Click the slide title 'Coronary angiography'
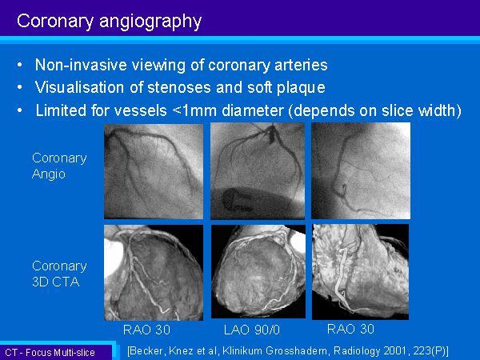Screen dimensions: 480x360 [110, 22]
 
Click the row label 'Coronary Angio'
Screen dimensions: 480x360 [59, 166]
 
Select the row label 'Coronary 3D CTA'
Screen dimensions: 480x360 [59, 274]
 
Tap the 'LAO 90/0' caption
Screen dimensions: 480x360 [252, 330]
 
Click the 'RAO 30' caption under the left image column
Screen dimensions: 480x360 [146, 330]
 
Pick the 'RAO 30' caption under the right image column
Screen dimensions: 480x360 [350, 329]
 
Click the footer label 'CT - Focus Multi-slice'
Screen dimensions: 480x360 [50, 352]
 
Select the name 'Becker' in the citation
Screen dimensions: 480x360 [147, 350]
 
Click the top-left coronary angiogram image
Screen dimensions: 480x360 [154, 171]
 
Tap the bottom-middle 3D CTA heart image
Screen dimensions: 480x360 [258, 271]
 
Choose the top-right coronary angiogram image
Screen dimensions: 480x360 [361, 171]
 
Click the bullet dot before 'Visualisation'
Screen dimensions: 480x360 [20, 87]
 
